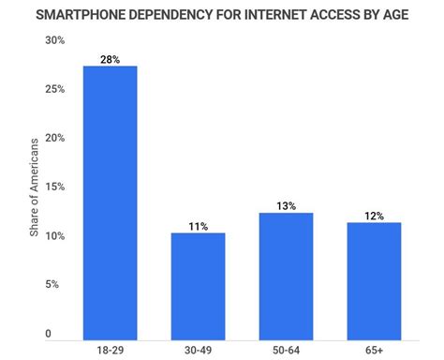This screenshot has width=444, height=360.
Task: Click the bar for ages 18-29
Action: (x=111, y=202)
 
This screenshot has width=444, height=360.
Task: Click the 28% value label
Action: (x=111, y=58)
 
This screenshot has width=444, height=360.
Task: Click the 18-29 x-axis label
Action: (x=111, y=351)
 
